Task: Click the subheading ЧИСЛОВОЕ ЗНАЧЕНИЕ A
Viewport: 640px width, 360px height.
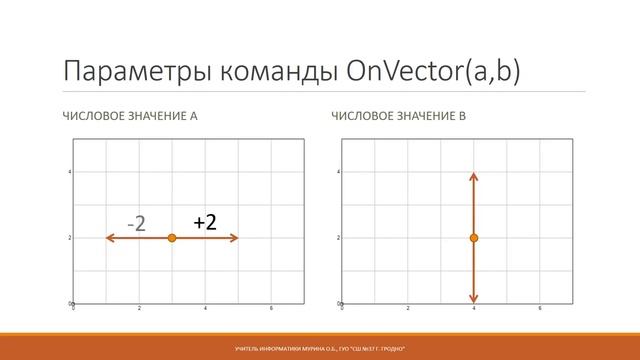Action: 130,117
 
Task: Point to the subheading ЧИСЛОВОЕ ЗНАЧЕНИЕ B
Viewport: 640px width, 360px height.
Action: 399,117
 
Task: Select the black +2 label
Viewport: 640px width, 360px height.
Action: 206,221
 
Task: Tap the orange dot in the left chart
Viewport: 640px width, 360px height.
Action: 172,238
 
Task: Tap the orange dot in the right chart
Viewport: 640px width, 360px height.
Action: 474,238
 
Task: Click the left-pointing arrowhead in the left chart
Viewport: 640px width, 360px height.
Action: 110,238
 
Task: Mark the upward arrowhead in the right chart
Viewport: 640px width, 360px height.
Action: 474,177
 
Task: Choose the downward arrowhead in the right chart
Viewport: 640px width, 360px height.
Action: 474,298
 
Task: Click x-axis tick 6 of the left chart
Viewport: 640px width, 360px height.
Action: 271,309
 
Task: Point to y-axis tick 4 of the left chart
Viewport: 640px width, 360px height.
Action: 69,172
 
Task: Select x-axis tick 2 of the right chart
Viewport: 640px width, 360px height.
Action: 407,309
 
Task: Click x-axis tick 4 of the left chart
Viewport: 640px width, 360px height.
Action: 205,309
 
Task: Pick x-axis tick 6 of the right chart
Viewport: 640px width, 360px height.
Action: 540,309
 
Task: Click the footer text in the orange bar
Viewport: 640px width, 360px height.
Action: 320,346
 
